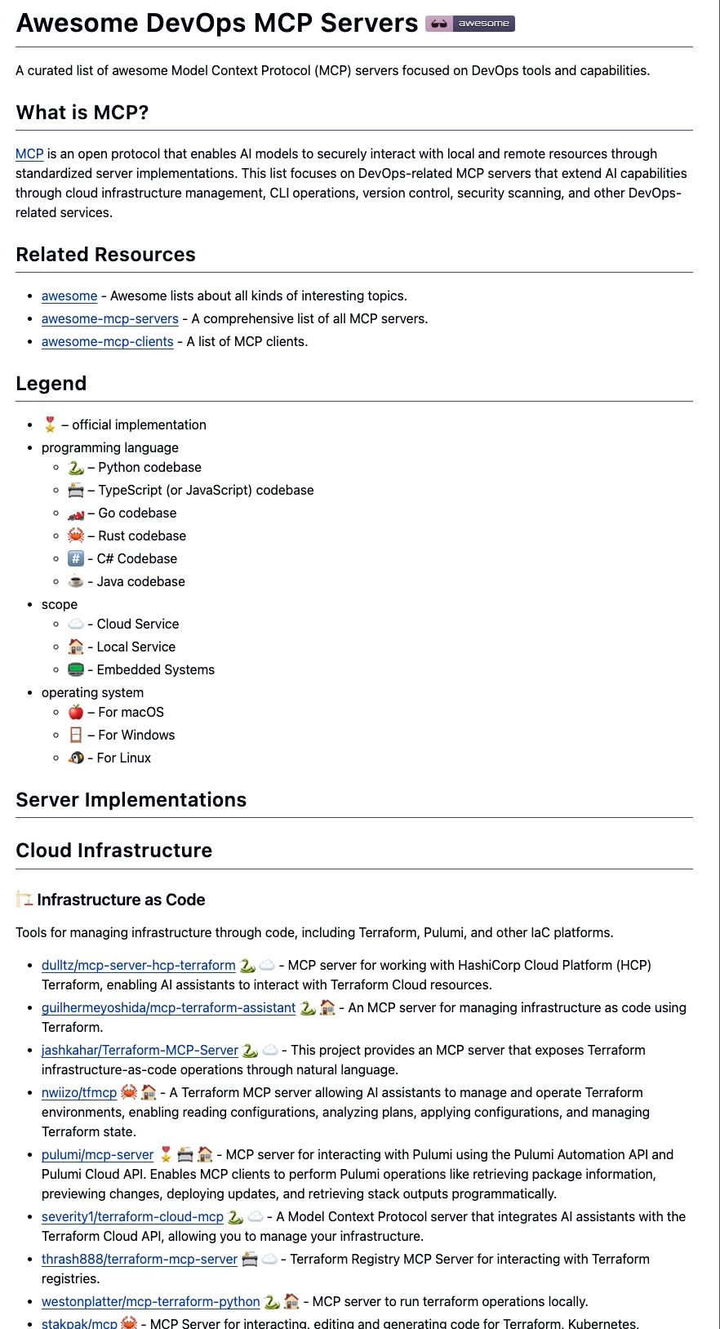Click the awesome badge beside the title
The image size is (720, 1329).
[470, 24]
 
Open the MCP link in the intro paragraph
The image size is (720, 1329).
[29, 153]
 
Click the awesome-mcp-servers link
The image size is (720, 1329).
[109, 318]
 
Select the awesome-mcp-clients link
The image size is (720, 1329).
[107, 341]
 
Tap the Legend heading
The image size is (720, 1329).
[51, 384]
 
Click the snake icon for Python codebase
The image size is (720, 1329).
[76, 468]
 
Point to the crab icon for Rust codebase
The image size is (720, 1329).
[76, 536]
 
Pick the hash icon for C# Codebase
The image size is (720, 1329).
[76, 558]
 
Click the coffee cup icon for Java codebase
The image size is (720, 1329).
[76, 581]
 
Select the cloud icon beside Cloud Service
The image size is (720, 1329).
[76, 624]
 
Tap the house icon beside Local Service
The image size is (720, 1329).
[76, 647]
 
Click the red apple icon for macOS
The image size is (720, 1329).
[76, 712]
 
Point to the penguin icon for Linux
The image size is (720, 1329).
[76, 758]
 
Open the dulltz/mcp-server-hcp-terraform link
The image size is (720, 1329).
[138, 965]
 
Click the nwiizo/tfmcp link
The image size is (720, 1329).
[79, 1092]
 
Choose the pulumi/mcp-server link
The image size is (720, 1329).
[97, 1154]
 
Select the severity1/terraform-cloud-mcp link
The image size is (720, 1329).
[132, 1216]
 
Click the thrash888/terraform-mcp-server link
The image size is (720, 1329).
[140, 1259]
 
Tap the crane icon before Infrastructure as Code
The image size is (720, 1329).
[24, 900]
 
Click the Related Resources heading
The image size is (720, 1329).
[105, 255]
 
